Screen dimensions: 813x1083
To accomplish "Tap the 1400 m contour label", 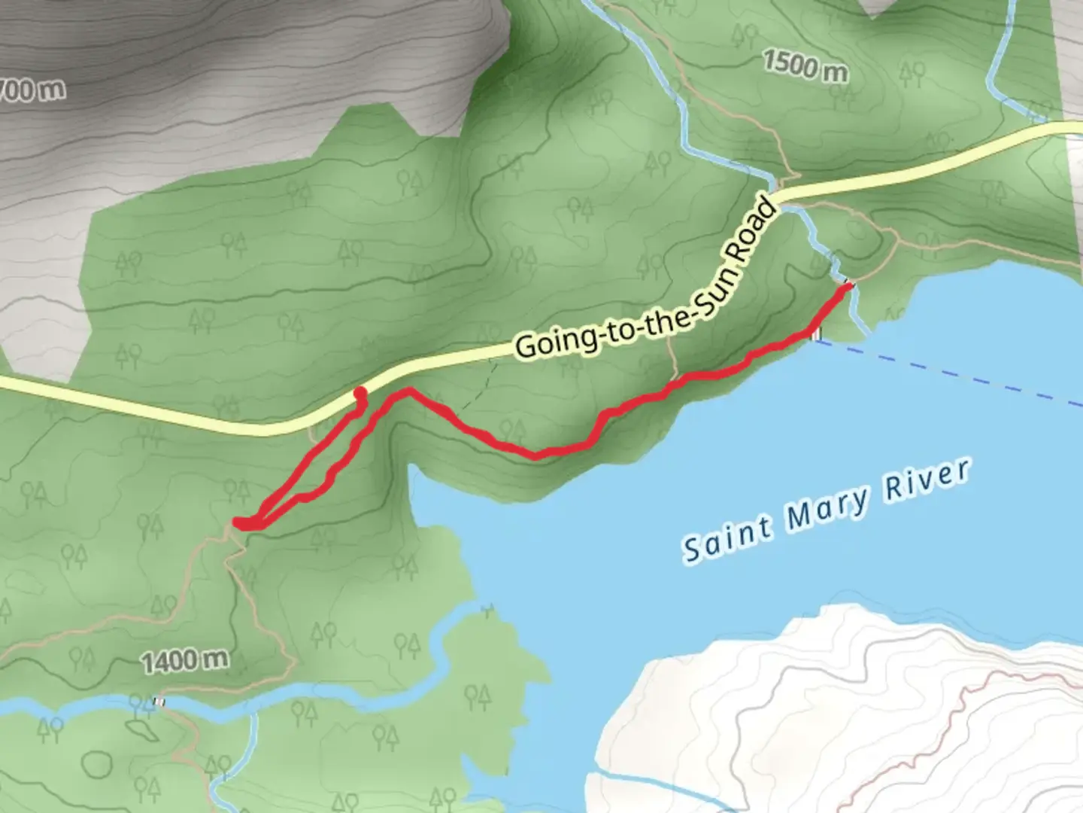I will pyautogui.click(x=185, y=661).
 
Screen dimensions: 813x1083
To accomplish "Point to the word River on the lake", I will pyautogui.click(x=927, y=480).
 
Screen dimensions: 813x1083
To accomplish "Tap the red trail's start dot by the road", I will pyautogui.click(x=359, y=392).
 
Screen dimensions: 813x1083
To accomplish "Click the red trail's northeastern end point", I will pyautogui.click(x=850, y=286).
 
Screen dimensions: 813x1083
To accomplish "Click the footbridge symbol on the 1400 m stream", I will pyautogui.click(x=159, y=701).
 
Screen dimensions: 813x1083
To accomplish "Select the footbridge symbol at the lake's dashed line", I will pyautogui.click(x=817, y=334).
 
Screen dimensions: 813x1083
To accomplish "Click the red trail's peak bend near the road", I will pyautogui.click(x=408, y=390).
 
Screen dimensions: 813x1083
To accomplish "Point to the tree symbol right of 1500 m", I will pyautogui.click(x=912, y=72).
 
